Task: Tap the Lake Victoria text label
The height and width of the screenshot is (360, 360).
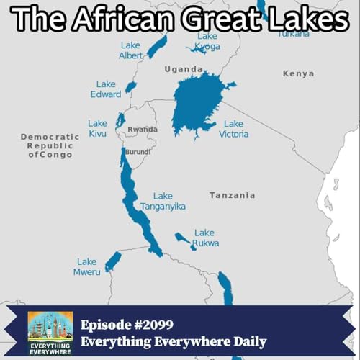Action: pos(234,129)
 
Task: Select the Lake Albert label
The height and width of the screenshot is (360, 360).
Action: pos(130,50)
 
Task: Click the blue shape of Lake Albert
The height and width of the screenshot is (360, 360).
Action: pos(156,47)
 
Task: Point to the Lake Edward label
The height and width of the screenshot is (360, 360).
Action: pos(106,89)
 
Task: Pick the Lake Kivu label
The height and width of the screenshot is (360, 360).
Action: pos(98,128)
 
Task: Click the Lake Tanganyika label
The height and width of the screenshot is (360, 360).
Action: pos(163,201)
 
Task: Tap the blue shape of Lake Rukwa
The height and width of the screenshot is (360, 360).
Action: pos(185,240)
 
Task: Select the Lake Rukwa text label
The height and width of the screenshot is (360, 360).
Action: pos(205,238)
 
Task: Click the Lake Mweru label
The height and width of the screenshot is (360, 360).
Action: pos(86,266)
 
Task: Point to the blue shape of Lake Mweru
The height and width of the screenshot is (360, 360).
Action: pos(113,261)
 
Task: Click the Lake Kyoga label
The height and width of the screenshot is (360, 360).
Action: pos(207,41)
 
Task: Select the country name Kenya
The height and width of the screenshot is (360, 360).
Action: pos(298,73)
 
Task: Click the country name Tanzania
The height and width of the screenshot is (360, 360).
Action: pos(232,195)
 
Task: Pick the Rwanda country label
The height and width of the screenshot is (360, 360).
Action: pos(142,130)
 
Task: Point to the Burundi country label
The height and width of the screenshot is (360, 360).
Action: pos(138,153)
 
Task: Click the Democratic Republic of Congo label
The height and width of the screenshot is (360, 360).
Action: pos(50,145)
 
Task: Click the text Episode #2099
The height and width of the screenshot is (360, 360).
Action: pos(127,323)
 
